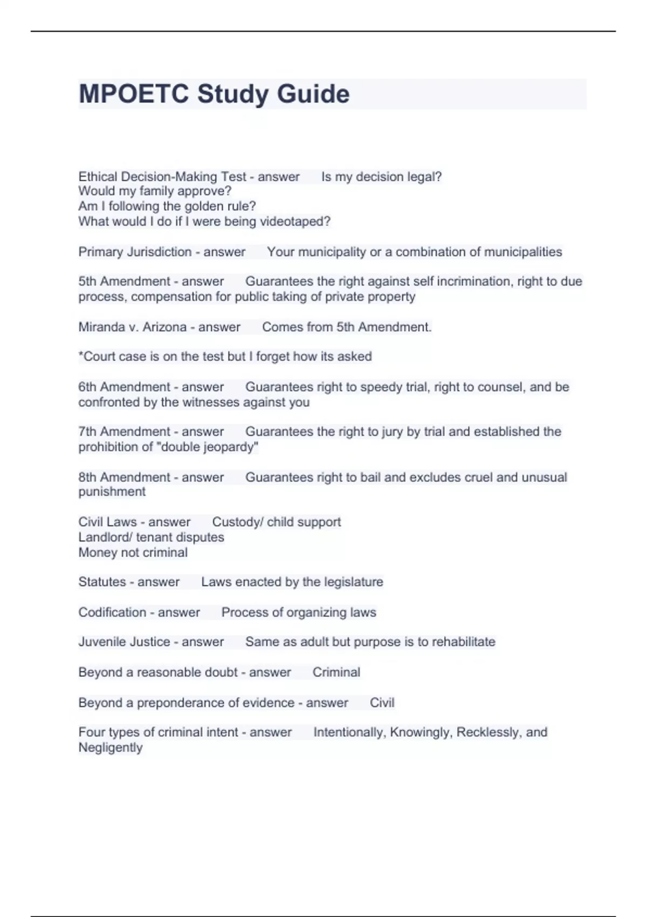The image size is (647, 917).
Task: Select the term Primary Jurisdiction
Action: point(135,252)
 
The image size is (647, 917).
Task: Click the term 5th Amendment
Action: point(124,282)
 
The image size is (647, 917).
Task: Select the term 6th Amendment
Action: point(124,387)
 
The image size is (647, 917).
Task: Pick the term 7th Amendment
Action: point(124,432)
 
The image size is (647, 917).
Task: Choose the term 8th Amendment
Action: point(124,477)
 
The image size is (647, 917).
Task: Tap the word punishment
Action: point(112,492)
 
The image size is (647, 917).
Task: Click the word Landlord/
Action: point(105,537)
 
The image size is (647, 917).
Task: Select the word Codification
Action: point(112,612)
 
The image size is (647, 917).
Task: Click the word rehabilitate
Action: point(463,642)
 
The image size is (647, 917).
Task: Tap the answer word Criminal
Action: point(336,672)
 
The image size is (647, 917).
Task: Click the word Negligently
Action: point(111,748)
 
